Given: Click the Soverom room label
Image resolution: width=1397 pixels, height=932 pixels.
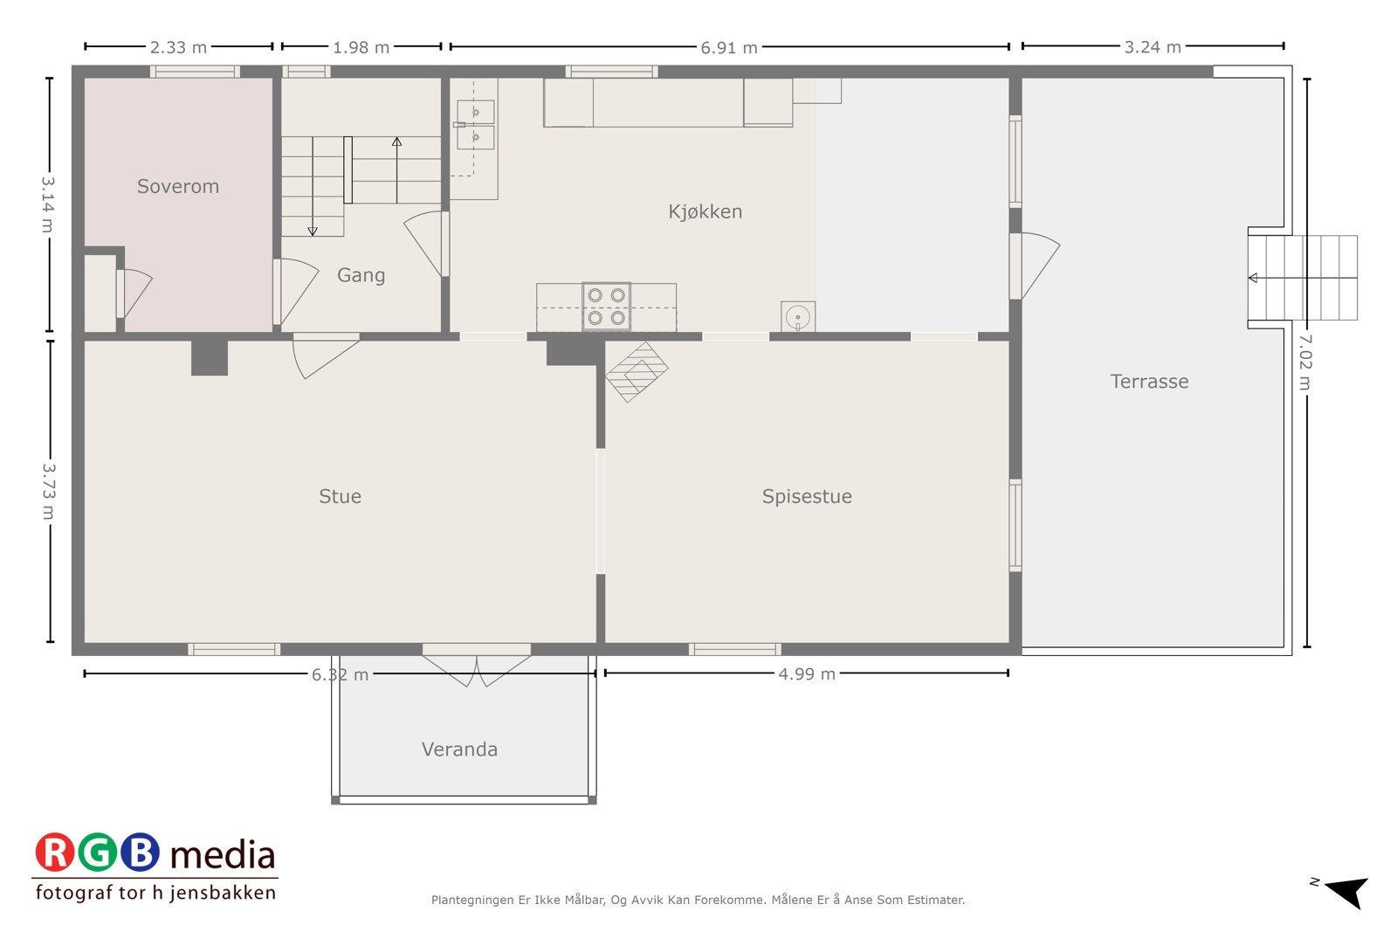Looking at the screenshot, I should click(178, 186).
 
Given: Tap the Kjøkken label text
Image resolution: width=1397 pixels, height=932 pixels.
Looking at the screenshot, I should click(705, 211).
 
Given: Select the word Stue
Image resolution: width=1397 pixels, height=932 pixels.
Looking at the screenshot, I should click(340, 496).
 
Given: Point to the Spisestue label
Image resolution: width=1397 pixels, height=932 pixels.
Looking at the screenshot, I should click(807, 496).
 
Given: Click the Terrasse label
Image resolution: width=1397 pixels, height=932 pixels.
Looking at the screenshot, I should click(1149, 381).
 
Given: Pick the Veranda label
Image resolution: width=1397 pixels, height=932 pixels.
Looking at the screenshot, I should click(459, 749).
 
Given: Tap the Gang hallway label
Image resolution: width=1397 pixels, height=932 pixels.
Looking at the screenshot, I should click(361, 275).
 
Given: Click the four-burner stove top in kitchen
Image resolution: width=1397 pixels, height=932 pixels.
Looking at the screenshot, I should click(606, 307).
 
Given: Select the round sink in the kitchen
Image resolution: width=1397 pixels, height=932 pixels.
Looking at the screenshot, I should click(797, 317).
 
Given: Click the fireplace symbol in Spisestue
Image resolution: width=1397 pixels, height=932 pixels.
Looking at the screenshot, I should click(637, 371).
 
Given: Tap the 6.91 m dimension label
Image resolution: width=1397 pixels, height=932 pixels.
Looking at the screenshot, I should click(729, 47).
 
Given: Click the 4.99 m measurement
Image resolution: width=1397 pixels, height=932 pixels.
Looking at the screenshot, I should click(807, 673).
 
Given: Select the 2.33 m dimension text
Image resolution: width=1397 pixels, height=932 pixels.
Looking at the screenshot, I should click(178, 47).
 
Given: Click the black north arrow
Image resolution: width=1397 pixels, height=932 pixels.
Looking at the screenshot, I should click(1348, 892).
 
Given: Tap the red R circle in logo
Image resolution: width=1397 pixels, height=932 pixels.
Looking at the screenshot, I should click(55, 853).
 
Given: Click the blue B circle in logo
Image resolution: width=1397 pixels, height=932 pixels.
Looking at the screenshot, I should click(140, 853).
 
